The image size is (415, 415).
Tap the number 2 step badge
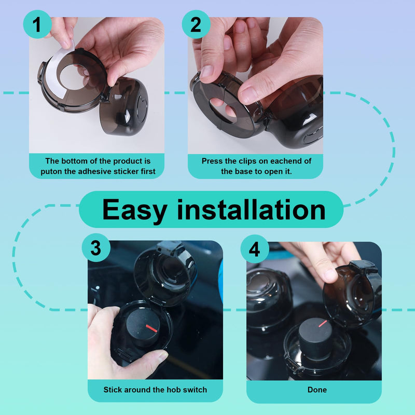(196, 24)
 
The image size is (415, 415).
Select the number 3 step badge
(96, 248)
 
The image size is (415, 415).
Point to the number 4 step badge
(255, 250)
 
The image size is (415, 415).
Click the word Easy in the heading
(134, 210)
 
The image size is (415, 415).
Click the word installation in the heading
(251, 210)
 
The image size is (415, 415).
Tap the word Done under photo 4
(317, 389)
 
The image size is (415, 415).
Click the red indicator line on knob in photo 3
(152, 328)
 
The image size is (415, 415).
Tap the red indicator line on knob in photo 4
(322, 323)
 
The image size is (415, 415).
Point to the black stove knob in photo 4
(314, 337)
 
